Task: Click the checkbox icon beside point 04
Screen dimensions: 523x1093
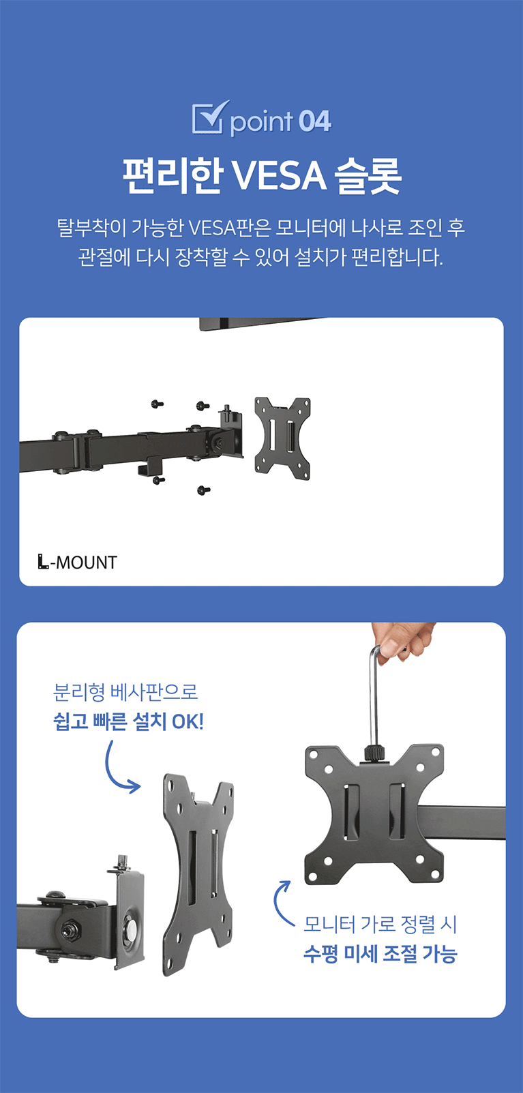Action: coord(210,117)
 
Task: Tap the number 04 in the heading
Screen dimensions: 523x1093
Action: coord(315,121)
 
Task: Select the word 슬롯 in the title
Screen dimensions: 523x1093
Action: coord(369,176)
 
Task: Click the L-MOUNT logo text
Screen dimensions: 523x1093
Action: coord(78,562)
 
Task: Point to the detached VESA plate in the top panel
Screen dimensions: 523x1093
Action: coord(282,438)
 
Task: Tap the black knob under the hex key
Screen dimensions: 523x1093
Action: coord(374,751)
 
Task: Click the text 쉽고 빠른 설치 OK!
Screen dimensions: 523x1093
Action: coord(128,721)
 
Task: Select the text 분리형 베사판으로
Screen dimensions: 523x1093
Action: coord(125,692)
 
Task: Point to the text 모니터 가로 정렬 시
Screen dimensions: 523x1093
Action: coord(380,924)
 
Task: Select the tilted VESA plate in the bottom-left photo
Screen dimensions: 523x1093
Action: coord(198,874)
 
